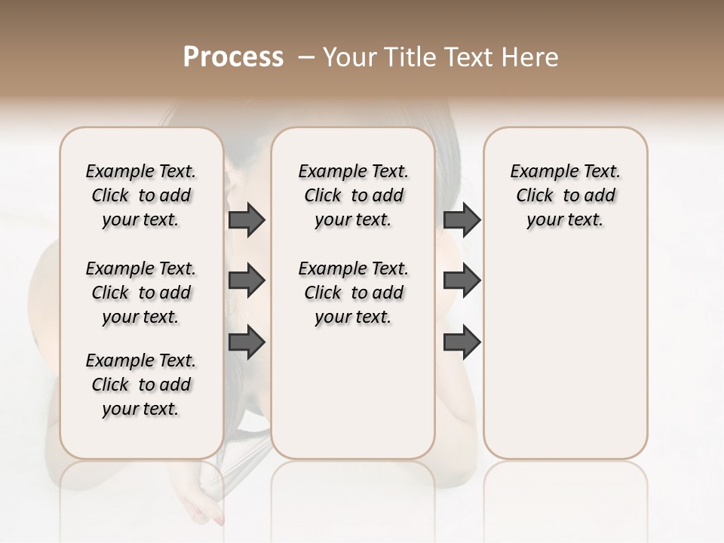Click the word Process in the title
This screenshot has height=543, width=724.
pyautogui.click(x=233, y=57)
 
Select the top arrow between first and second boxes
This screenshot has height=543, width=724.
pyautogui.click(x=247, y=220)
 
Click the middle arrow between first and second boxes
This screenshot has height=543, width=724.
pyautogui.click(x=247, y=281)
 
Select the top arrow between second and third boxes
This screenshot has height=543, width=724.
pyautogui.click(x=462, y=220)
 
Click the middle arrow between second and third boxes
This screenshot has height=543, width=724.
pyautogui.click(x=462, y=281)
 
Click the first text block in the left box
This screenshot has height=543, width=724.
pyautogui.click(x=141, y=195)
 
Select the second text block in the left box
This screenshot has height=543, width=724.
pyautogui.click(x=141, y=293)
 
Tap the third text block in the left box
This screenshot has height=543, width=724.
pyautogui.click(x=141, y=385)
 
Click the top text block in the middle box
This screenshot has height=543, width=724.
pyautogui.click(x=353, y=195)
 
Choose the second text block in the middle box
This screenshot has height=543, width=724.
pyautogui.click(x=353, y=293)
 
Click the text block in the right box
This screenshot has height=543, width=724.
pyautogui.click(x=565, y=195)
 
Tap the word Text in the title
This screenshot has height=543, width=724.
pyautogui.click(x=467, y=57)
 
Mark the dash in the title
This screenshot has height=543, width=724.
pyautogui.click(x=305, y=57)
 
